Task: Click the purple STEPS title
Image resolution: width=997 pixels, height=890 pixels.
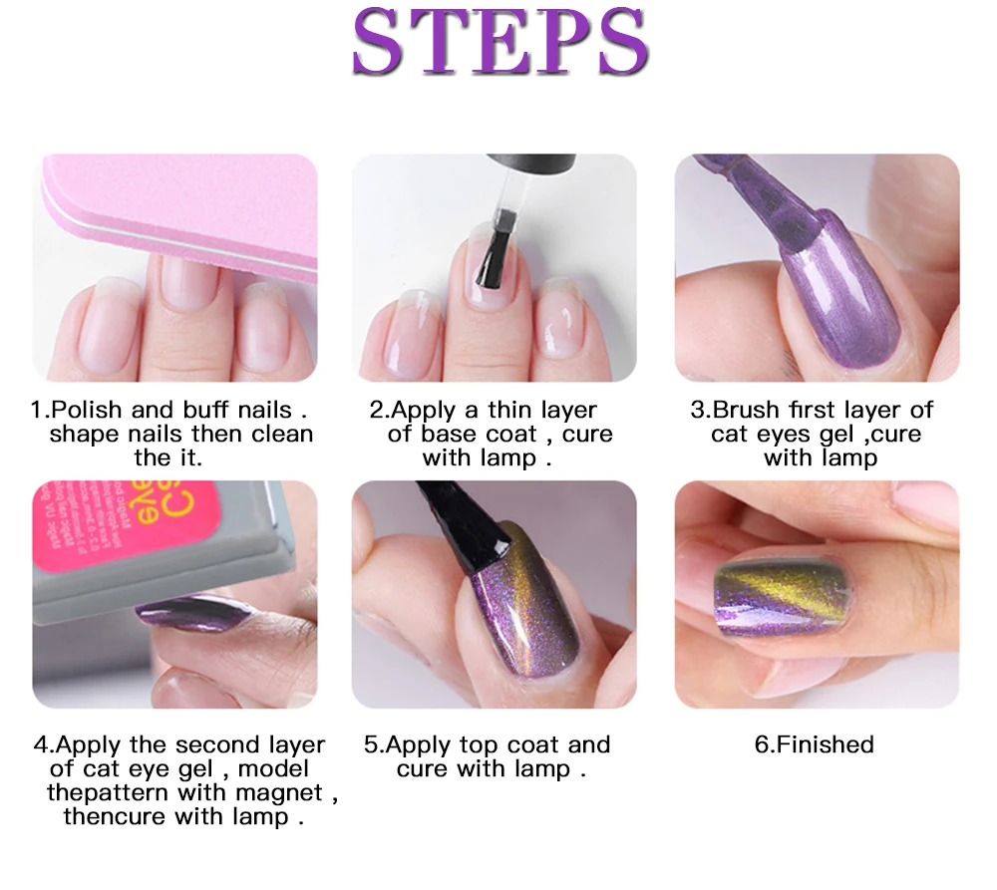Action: click(499, 45)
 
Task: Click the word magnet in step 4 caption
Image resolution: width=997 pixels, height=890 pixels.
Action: click(280, 793)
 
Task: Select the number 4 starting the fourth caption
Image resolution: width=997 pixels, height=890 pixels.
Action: click(40, 745)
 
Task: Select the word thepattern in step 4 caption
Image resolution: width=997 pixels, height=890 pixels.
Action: click(110, 793)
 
